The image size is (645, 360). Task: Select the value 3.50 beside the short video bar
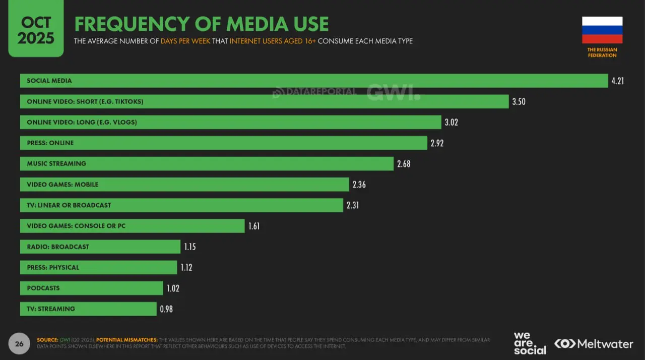pyautogui.click(x=519, y=101)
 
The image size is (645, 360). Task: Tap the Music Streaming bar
pyautogui.click(x=207, y=163)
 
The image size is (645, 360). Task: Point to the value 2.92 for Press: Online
pyautogui.click(x=437, y=143)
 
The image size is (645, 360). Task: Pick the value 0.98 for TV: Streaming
pyautogui.click(x=166, y=309)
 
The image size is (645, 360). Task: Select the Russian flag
pyautogui.click(x=602, y=30)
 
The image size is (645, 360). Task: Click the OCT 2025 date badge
pyautogui.click(x=36, y=30)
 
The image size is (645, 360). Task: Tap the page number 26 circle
pyautogui.click(x=19, y=344)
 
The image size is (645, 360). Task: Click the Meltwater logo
pyautogui.click(x=594, y=344)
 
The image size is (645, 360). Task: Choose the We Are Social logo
pyautogui.click(x=530, y=343)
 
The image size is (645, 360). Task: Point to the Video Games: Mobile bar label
pyautogui.click(x=62, y=185)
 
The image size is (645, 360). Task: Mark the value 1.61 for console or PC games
pyautogui.click(x=254, y=226)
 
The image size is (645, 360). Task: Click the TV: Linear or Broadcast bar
pyautogui.click(x=181, y=205)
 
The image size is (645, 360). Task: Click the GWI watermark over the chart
pyautogui.click(x=393, y=92)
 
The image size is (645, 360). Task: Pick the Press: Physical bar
pyautogui.click(x=98, y=267)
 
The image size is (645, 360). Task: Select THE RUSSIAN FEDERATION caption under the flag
pyautogui.click(x=602, y=52)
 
